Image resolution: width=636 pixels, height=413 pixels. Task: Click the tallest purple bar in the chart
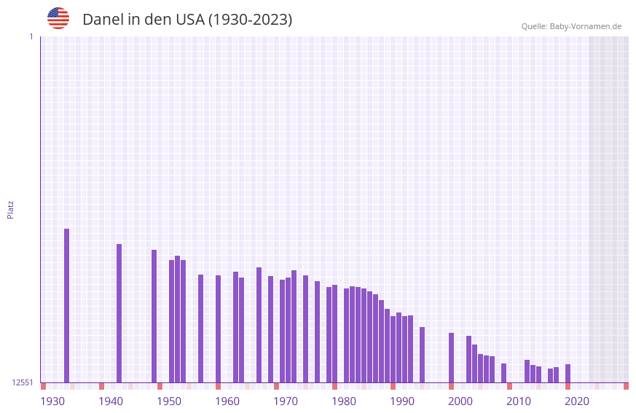pos(66,305)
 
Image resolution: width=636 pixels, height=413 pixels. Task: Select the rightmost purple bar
pos(568,373)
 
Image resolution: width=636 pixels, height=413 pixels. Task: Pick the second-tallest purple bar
pos(119,313)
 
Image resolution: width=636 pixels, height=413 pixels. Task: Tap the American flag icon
pos(58,18)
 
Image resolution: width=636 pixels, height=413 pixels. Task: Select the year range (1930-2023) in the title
pos(250,20)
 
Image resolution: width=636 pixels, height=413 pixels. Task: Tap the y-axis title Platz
pos(10,209)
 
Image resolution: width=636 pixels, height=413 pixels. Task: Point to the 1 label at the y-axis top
pos(31,36)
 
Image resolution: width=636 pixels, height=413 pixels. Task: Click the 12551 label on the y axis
pos(23,382)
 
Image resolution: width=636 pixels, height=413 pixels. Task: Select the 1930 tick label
pos(52,401)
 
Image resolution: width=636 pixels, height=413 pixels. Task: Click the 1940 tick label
pos(111,401)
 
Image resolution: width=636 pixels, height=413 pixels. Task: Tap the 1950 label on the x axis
pos(169,401)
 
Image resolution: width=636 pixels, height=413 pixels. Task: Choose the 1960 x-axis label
pos(227,401)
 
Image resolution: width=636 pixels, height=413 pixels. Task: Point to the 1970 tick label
pos(286,401)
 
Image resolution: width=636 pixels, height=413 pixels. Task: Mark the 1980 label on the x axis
pos(344,401)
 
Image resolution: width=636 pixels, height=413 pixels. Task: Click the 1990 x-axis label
pos(402,401)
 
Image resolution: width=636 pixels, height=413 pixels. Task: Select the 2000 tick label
pos(460,401)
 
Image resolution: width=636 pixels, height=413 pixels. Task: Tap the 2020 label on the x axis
pos(577,401)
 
